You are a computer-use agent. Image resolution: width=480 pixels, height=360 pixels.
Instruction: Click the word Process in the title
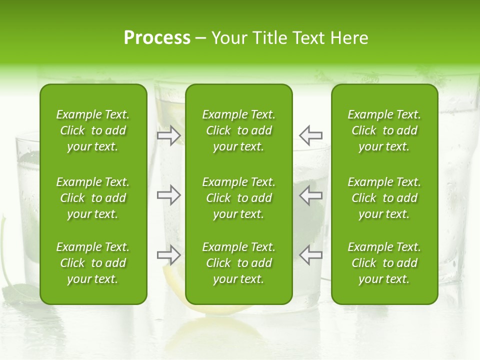point(157,38)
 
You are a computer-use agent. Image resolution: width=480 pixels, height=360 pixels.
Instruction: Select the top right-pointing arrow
point(169,135)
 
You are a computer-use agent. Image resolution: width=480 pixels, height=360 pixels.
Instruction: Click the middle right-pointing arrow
point(169,195)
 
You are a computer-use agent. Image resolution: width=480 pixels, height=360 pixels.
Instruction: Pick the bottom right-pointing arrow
point(169,255)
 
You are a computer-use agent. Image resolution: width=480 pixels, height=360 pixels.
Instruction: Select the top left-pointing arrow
point(311,135)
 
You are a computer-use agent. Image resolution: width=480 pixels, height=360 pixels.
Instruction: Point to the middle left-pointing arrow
point(311,195)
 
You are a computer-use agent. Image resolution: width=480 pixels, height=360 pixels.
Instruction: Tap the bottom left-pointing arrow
point(311,255)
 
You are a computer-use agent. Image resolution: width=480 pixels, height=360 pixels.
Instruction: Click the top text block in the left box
point(93,130)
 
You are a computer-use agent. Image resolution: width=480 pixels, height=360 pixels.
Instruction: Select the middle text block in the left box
point(93,198)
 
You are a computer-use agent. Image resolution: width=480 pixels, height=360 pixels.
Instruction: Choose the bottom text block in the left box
point(93,263)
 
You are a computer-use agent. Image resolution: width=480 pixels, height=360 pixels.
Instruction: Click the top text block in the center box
point(239,130)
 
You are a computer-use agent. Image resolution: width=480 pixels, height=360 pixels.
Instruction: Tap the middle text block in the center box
point(239,198)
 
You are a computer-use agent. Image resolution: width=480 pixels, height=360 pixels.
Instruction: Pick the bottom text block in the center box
point(239,263)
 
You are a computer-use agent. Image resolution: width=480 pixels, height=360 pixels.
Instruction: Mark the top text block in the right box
point(384,130)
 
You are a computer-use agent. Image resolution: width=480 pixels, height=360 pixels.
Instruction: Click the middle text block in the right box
point(384,198)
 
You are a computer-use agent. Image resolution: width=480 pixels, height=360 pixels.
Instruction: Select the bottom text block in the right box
point(384,263)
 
